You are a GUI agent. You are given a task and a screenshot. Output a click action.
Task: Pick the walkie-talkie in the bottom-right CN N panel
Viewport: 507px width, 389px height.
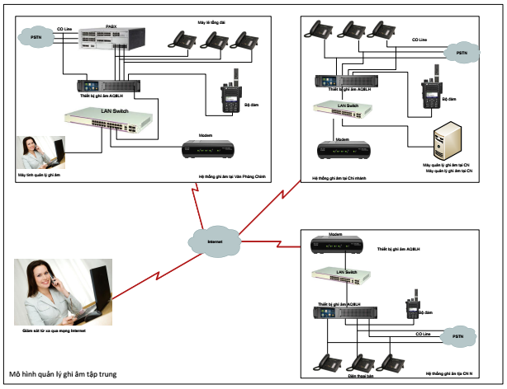(410, 308)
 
